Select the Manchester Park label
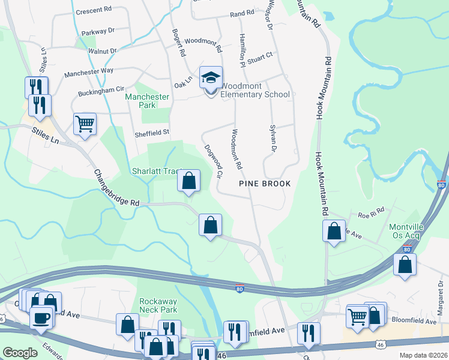(x=147, y=101)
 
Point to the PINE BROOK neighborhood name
(x=265, y=184)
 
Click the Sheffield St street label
(x=152, y=132)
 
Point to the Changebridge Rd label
(x=116, y=188)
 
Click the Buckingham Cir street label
(x=101, y=91)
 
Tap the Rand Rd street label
(x=242, y=13)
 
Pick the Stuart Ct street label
(x=259, y=55)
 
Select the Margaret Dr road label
(x=440, y=301)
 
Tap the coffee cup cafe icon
(x=41, y=317)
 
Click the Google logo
(x=20, y=353)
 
